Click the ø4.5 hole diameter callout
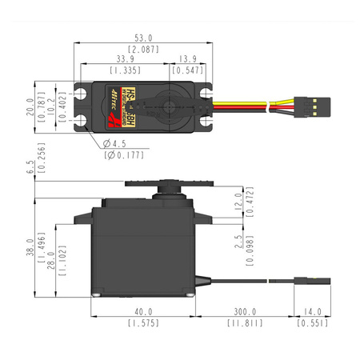[x=116, y=144]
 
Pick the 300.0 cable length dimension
[x=245, y=312]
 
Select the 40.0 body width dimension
[x=143, y=312]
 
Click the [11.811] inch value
[x=245, y=323]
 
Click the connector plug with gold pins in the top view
[x=311, y=104]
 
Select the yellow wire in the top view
[x=256, y=99]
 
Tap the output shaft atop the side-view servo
[x=170, y=186]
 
